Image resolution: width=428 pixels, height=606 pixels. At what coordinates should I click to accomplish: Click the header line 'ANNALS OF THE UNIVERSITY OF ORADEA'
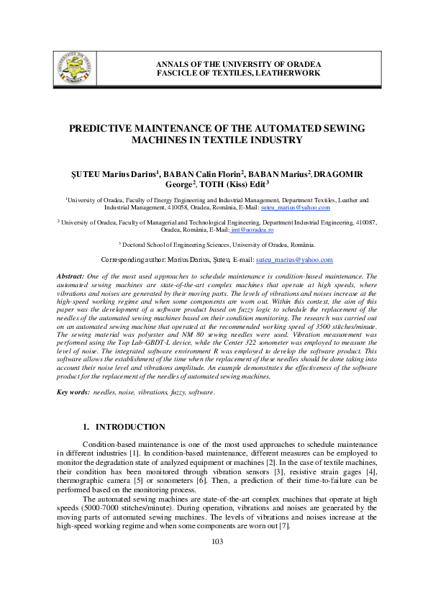coord(239,64)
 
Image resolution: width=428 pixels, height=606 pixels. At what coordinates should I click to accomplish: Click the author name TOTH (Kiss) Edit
coord(240,184)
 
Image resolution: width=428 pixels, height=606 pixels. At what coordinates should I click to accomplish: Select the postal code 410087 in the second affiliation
coord(364,223)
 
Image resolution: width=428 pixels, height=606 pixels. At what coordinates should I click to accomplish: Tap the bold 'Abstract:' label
coord(70,276)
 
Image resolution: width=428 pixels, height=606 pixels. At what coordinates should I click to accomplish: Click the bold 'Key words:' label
coord(73,392)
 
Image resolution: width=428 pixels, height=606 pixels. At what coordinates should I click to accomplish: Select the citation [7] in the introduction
coord(284,527)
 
